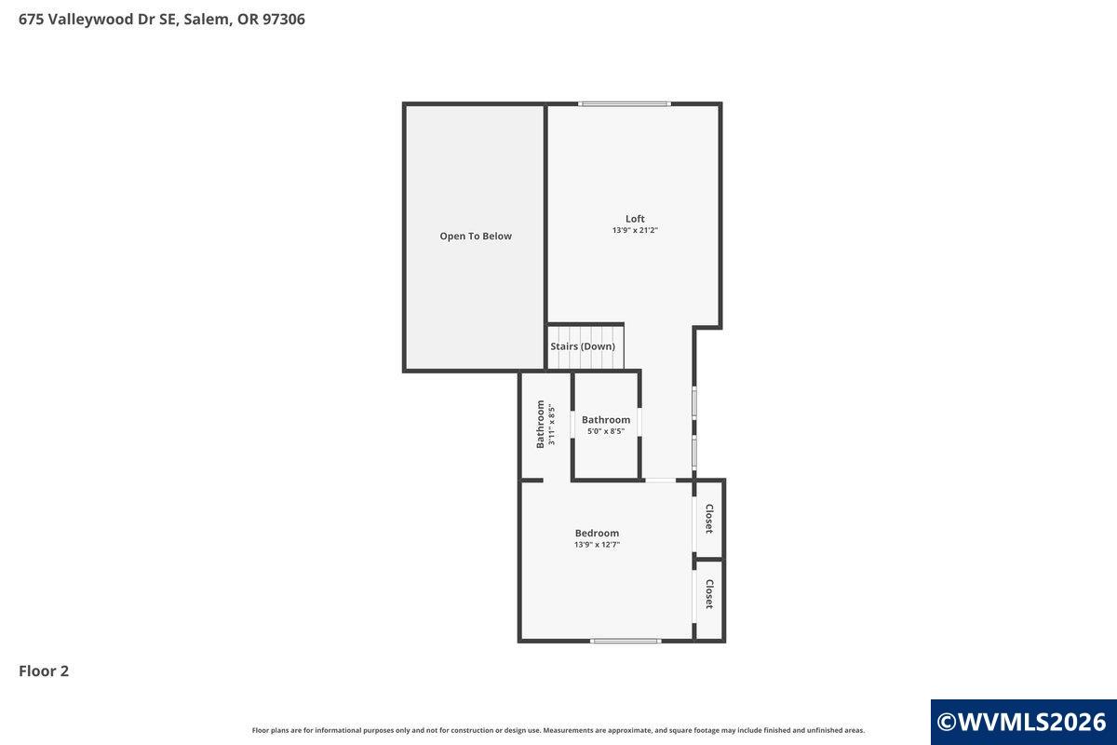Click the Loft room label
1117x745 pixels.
point(635,219)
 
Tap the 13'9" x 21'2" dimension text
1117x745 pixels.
point(635,231)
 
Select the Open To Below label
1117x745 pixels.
point(476,236)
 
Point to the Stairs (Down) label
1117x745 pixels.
point(583,346)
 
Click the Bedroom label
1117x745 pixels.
point(597,533)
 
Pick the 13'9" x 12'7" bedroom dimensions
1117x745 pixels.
point(597,545)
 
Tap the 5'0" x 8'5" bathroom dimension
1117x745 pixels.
point(606,431)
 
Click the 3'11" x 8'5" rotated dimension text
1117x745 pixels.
point(551,424)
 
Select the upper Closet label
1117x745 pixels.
point(709,519)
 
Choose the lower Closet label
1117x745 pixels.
point(709,594)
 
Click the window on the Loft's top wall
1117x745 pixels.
point(625,103)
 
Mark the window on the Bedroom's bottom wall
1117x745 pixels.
point(626,641)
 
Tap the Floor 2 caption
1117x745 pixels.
point(44,671)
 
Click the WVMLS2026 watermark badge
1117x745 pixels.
point(1024,722)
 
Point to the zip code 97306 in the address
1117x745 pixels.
point(284,20)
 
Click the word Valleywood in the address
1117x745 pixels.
point(88,20)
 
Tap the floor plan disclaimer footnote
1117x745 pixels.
point(558,730)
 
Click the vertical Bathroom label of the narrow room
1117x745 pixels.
point(540,424)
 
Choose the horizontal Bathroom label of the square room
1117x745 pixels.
point(606,420)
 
